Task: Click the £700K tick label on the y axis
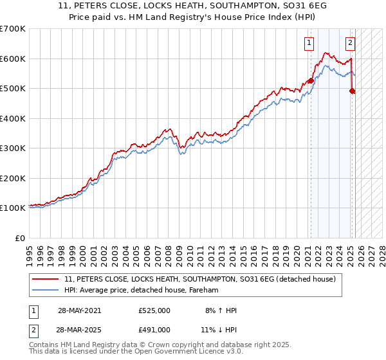point(13,29)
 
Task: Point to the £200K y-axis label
point(13,178)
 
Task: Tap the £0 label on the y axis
point(21,238)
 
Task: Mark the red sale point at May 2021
point(311,80)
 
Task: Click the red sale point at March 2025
point(352,91)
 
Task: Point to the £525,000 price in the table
point(154,310)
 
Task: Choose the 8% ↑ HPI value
point(221,310)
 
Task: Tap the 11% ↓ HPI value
point(221,329)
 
